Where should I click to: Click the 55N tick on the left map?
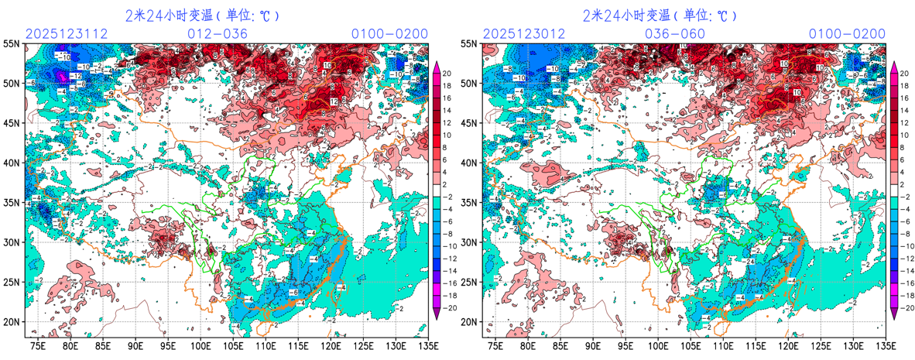pos(12,44)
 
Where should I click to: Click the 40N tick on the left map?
pos(12,163)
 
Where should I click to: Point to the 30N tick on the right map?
pos(470,242)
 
